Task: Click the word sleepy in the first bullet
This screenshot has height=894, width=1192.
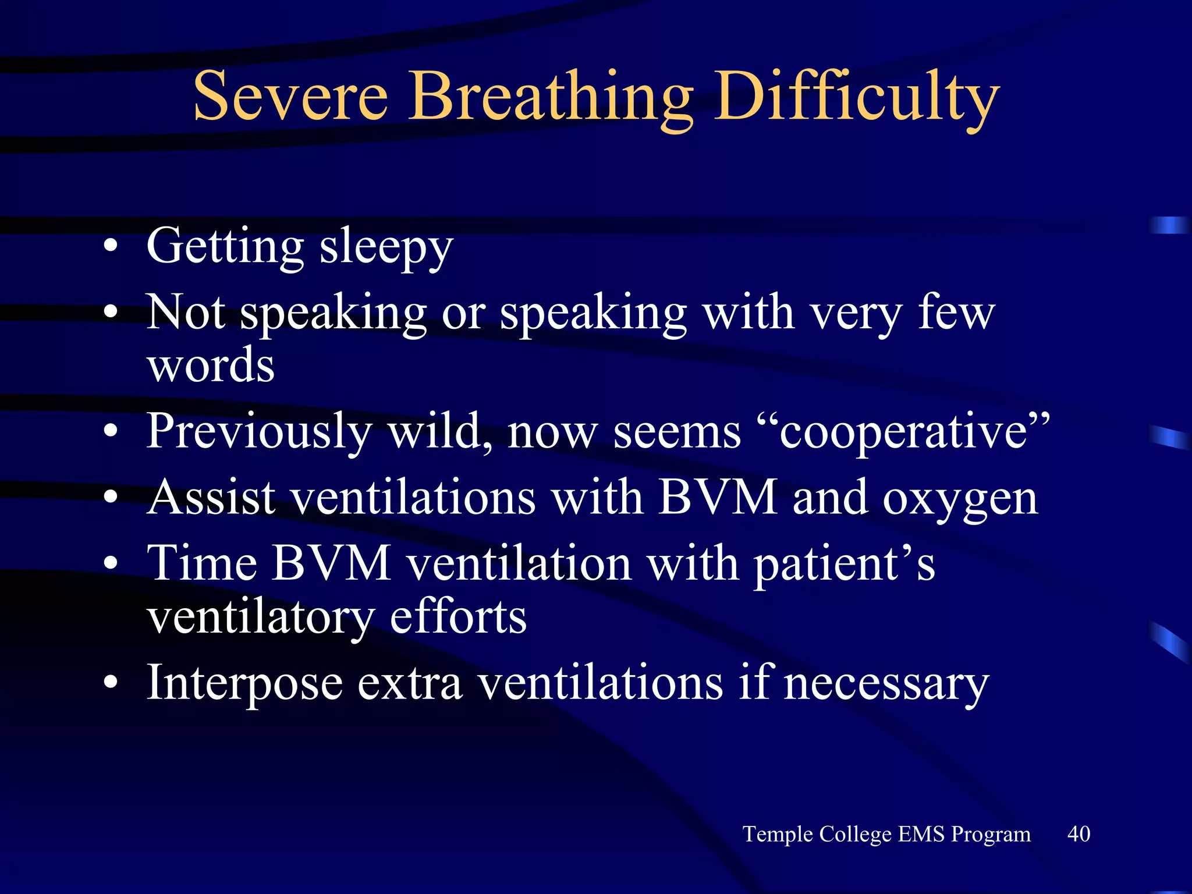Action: pyautogui.click(x=386, y=247)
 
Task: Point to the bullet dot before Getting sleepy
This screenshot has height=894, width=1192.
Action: pyautogui.click(x=111, y=247)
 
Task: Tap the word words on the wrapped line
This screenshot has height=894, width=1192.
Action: pyautogui.click(x=211, y=366)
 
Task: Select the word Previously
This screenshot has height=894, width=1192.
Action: pyautogui.click(x=259, y=432)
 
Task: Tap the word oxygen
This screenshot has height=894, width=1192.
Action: pyautogui.click(x=960, y=499)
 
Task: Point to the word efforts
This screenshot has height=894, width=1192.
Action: pyautogui.click(x=458, y=617)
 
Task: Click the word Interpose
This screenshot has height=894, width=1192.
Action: pyautogui.click(x=244, y=683)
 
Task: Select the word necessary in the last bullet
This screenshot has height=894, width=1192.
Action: pyautogui.click(x=886, y=683)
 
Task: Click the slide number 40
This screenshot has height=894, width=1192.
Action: pyautogui.click(x=1079, y=833)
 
